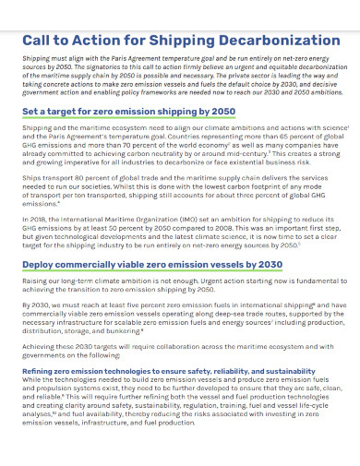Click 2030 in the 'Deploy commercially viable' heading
click(266, 264)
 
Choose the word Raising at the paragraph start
click(37, 281)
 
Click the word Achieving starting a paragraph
click(41, 346)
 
